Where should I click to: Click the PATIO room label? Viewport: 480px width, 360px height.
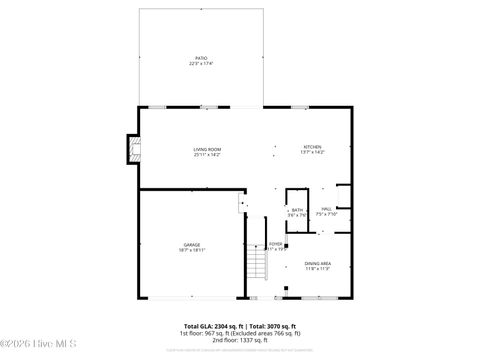[201, 59]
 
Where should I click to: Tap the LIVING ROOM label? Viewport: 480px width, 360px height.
[207, 149]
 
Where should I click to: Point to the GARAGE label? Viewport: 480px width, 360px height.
[191, 244]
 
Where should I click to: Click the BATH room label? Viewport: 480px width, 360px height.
[297, 210]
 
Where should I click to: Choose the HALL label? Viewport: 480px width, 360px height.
[327, 210]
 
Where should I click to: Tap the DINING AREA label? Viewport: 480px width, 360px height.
[318, 263]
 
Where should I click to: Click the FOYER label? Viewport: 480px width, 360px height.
[275, 244]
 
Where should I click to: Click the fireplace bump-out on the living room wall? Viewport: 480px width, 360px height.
[129, 149]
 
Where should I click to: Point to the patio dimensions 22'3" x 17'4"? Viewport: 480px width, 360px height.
[201, 65]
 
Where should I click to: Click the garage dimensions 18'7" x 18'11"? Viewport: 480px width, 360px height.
[191, 250]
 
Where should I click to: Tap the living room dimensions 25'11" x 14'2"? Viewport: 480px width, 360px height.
[207, 155]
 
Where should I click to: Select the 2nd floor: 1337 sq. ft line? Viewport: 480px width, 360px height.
[239, 340]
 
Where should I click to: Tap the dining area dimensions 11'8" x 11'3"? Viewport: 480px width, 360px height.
[318, 269]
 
